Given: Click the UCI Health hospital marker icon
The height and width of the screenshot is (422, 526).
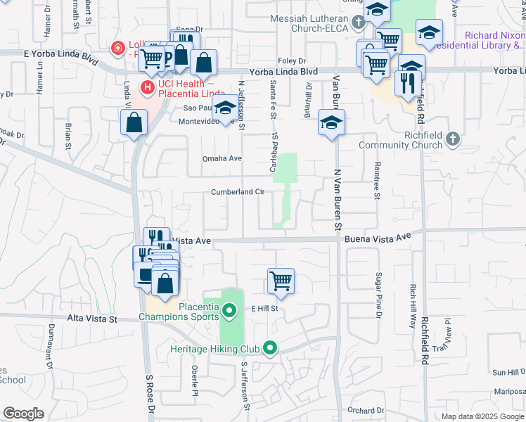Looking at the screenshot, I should click(148, 88).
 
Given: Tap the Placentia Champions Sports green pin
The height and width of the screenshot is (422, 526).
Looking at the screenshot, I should click(229, 309).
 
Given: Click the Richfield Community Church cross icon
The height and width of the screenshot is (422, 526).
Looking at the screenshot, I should click(452, 139).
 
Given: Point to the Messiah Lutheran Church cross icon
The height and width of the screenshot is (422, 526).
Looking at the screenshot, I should click(359, 23).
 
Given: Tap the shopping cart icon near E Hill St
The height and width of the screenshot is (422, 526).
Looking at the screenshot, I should click(281, 280).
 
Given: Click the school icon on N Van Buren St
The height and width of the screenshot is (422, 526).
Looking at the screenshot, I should click(330, 122).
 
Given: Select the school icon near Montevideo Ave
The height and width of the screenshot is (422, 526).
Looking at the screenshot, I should click(225, 108).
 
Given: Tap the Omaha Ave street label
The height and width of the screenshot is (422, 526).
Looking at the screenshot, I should click(222, 158).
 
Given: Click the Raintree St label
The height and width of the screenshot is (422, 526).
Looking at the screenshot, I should click(377, 173).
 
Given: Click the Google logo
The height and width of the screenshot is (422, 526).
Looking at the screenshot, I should click(23, 414).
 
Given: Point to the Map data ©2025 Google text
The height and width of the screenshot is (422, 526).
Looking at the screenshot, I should click(482, 416).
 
